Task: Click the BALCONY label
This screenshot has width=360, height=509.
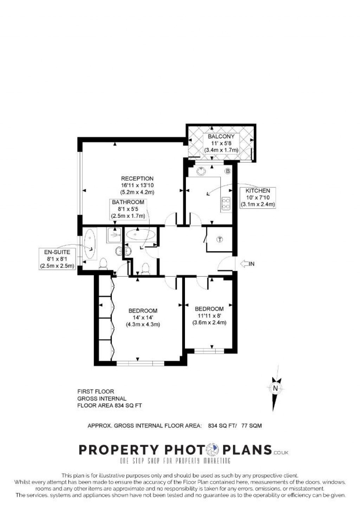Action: (x=221, y=136)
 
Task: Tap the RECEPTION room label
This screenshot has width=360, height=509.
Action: (x=137, y=178)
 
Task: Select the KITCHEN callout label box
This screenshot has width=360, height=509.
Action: (x=258, y=197)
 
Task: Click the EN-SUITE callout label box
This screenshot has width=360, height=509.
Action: (x=57, y=259)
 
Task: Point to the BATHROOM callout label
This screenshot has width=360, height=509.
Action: (x=128, y=209)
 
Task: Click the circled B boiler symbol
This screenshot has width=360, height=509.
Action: (x=227, y=171)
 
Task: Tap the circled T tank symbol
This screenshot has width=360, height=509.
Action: (x=220, y=240)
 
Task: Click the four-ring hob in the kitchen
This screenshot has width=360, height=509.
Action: (x=226, y=204)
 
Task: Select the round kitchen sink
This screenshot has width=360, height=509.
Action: (x=201, y=171)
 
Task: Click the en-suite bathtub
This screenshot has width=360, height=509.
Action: (x=90, y=244)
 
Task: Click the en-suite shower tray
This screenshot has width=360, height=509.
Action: (x=114, y=235)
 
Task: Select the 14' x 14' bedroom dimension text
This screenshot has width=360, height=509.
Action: (x=143, y=318)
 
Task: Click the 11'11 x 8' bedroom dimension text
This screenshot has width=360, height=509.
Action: (x=209, y=316)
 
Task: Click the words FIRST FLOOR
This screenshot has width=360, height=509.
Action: (x=96, y=391)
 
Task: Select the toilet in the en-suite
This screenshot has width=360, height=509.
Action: (x=104, y=263)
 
